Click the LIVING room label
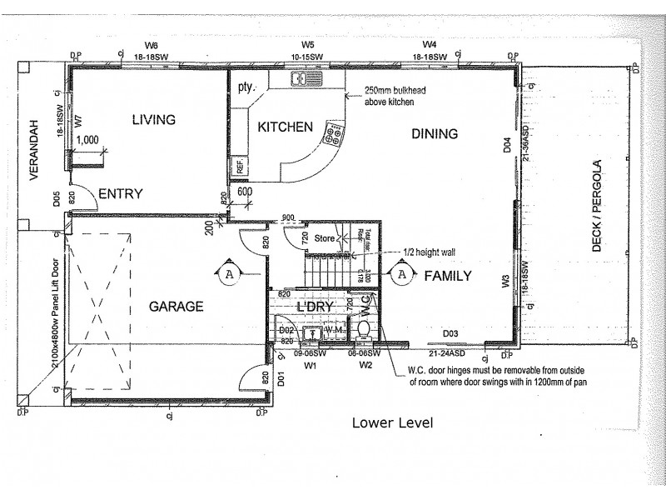tap(154, 120)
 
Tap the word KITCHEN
tap(285, 127)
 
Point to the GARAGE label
tap(176, 307)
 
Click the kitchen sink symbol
tap(301, 79)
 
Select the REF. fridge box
tap(240, 167)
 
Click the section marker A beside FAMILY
tap(401, 274)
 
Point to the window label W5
tap(308, 45)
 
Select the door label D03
tap(450, 333)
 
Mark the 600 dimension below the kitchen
tap(245, 190)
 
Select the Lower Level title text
tap(392, 422)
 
